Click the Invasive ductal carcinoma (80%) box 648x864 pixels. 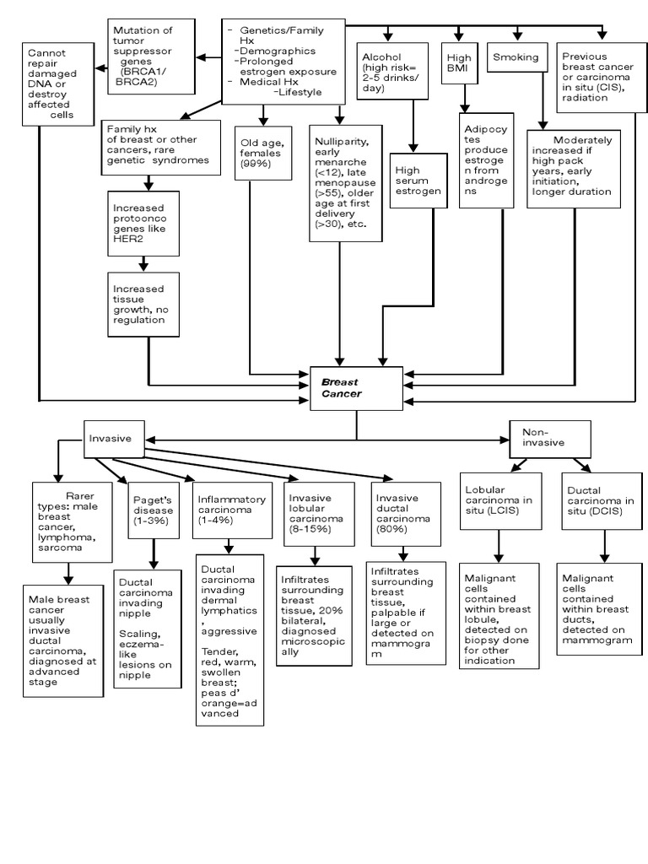click(x=408, y=512)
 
